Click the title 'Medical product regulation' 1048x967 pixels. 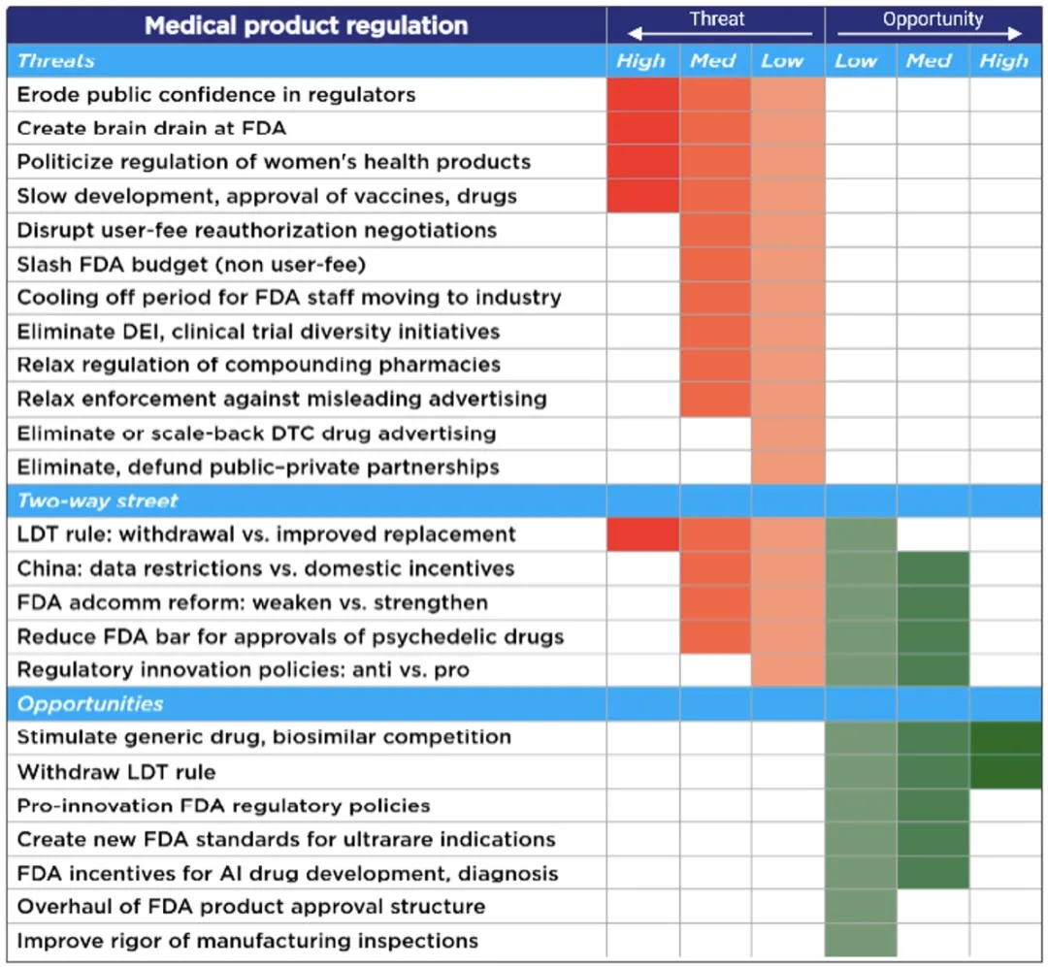pos(306,25)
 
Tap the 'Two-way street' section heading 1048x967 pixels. pos(98,500)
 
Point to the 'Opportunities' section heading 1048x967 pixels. pos(90,704)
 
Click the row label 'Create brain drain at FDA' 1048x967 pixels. pos(151,128)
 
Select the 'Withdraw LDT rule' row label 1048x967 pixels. pos(116,772)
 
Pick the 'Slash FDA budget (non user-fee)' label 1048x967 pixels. pos(191,264)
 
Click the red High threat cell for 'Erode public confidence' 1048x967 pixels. pos(642,95)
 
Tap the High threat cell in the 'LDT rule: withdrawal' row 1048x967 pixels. pos(642,534)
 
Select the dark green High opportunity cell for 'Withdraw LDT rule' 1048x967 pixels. pos(1005,772)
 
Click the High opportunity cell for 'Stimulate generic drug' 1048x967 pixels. pos(1005,738)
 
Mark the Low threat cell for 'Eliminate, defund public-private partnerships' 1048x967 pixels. pos(787,467)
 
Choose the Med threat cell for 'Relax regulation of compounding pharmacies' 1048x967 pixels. pos(715,365)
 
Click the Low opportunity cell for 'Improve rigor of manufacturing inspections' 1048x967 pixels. pos(860,941)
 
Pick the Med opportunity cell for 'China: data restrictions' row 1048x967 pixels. pos(933,568)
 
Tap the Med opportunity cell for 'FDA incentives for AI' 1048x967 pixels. pos(933,873)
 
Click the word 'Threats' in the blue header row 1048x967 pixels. pos(56,61)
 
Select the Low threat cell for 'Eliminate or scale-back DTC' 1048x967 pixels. pos(787,433)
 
